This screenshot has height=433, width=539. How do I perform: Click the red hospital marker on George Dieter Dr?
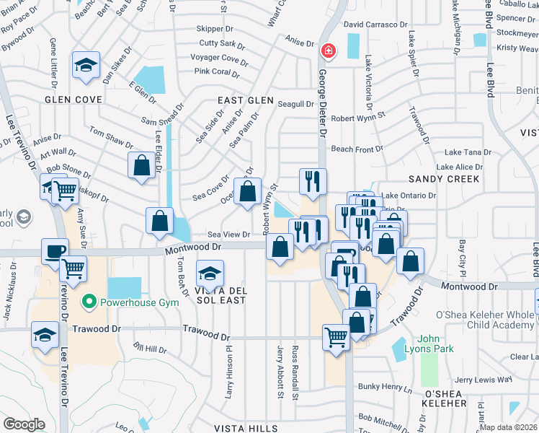pyautogui.click(x=328, y=51)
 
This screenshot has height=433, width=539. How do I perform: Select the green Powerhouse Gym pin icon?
pyautogui.click(x=89, y=301)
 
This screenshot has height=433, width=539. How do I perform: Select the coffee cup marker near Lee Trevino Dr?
pyautogui.click(x=55, y=251)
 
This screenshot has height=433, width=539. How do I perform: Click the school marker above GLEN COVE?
pyautogui.click(x=86, y=66)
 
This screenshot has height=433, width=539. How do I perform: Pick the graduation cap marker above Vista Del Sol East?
pyautogui.click(x=210, y=274)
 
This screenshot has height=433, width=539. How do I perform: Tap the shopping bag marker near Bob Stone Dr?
pyautogui.click(x=142, y=165)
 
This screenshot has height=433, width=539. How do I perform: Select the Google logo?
pyautogui.click(x=24, y=424)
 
